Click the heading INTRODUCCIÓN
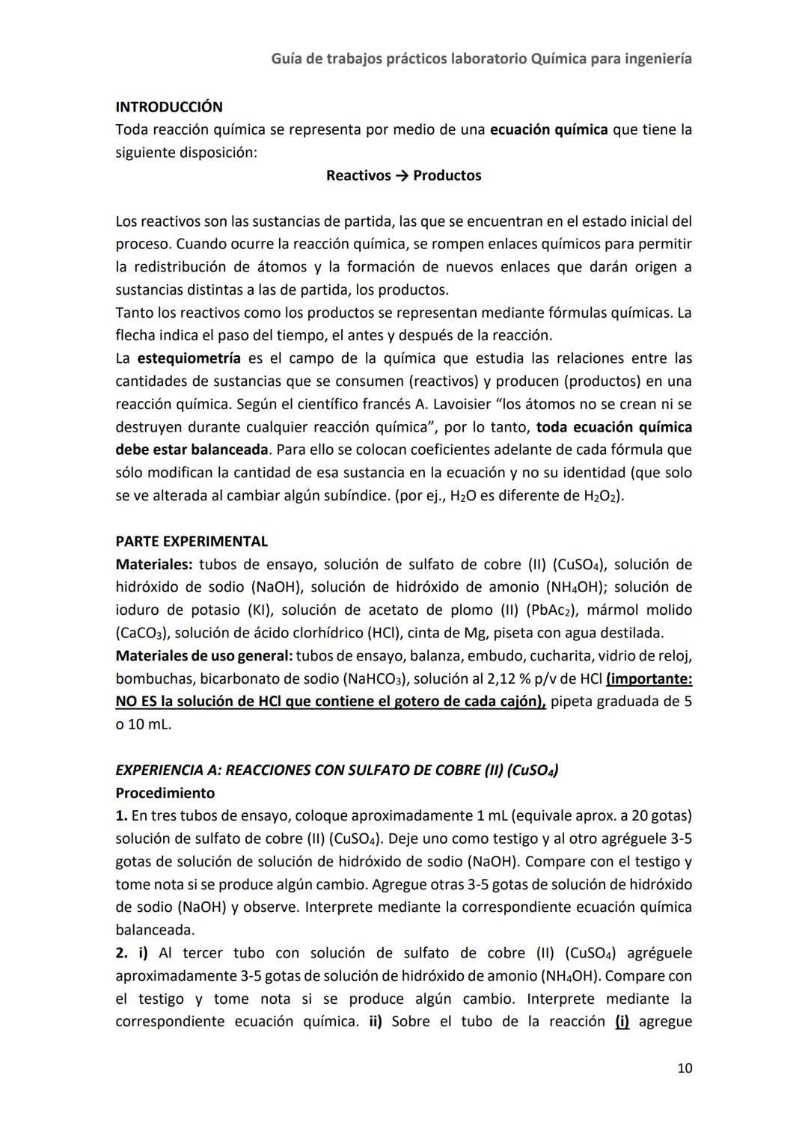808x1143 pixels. [168, 107]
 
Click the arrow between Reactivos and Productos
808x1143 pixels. [402, 176]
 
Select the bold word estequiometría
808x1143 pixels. [189, 358]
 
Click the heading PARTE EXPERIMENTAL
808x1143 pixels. [192, 541]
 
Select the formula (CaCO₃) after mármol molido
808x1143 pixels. [141, 634]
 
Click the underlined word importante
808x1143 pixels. [649, 679]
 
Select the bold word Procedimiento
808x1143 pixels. [165, 793]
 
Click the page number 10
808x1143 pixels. [684, 1068]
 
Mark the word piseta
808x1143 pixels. [514, 634]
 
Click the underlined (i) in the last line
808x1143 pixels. [622, 1022]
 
